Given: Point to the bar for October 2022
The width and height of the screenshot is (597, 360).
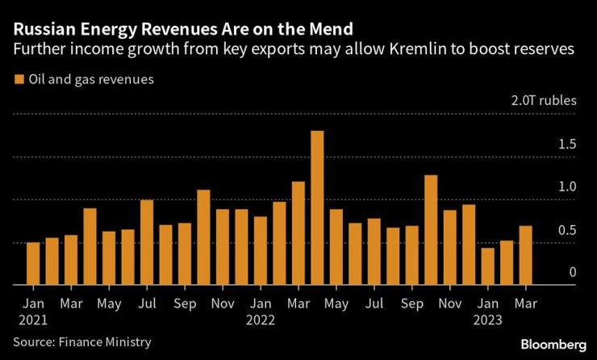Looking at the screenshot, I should point(431,230).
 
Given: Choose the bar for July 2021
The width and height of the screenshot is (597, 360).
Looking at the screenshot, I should point(147,242).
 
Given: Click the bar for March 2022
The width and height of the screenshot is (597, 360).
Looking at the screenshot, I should point(298,233).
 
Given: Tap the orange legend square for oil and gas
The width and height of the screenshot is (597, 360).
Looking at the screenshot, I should point(19,80).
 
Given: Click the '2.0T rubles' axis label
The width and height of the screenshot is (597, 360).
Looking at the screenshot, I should point(545,101).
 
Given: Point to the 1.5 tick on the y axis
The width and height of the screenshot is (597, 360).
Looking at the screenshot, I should point(567,145).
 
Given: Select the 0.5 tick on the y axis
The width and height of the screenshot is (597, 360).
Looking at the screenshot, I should point(567,231).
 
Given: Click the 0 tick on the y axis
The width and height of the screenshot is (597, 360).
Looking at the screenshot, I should point(572,273).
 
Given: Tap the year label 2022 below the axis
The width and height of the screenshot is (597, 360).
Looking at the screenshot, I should point(261,320).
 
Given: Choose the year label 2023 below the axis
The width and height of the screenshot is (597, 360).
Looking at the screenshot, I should point(488,320).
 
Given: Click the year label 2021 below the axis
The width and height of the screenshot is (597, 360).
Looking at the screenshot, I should point(33,320).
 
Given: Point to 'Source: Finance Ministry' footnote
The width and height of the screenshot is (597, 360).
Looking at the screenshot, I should point(81,342).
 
